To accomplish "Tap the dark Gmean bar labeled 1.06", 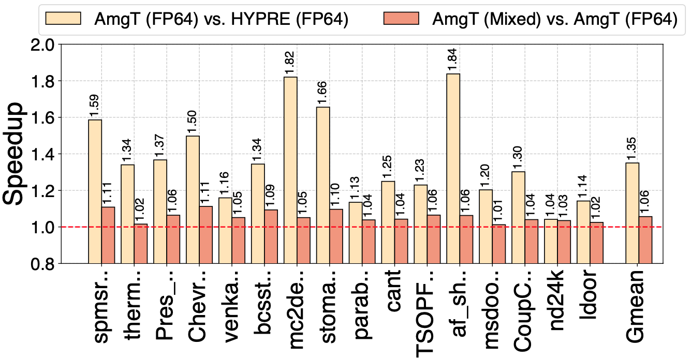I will [645, 240].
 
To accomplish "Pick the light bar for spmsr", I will [95, 191].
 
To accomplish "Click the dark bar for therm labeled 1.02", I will [141, 244].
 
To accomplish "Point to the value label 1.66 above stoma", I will [323, 93].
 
